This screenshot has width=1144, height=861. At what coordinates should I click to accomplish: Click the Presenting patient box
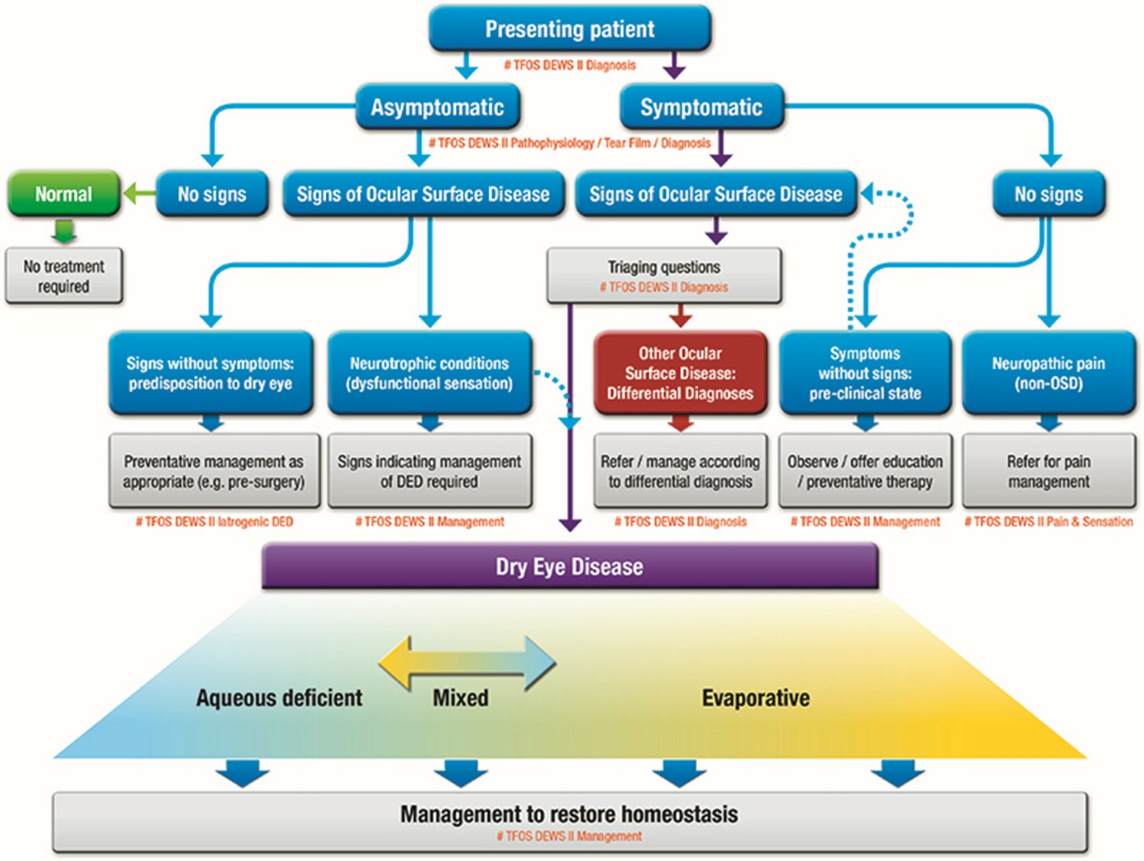(x=569, y=29)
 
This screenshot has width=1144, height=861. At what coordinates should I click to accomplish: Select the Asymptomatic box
(x=437, y=107)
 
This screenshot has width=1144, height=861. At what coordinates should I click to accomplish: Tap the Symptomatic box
(x=701, y=107)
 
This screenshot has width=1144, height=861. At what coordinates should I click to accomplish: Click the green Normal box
(x=64, y=194)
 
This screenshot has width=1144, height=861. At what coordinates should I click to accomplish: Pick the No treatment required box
(x=64, y=276)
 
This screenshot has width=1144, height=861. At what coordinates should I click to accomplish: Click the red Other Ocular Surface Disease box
(x=680, y=373)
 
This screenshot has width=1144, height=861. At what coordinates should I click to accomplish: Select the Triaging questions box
(x=664, y=275)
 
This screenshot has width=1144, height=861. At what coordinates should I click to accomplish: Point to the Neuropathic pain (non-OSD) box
(x=1048, y=373)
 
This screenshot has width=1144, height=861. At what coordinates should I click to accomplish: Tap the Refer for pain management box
(x=1048, y=471)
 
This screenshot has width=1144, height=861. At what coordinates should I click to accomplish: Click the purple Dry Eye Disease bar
(x=569, y=567)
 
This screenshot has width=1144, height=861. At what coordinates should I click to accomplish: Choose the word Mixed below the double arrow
(x=460, y=698)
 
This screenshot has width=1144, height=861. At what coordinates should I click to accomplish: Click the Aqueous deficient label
(x=279, y=698)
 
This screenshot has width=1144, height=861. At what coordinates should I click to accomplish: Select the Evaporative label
(x=755, y=698)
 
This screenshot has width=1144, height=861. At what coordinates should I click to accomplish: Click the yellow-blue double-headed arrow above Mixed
(x=467, y=663)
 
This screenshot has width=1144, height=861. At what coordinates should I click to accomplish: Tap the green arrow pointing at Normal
(x=138, y=194)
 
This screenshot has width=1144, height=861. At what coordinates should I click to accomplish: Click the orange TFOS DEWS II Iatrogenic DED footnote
(x=214, y=522)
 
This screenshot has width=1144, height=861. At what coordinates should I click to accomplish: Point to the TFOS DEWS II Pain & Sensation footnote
(x=1048, y=522)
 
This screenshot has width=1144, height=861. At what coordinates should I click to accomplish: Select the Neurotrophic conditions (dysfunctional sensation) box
(x=429, y=373)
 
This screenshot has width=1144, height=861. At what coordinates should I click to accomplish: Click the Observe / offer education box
(x=865, y=471)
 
